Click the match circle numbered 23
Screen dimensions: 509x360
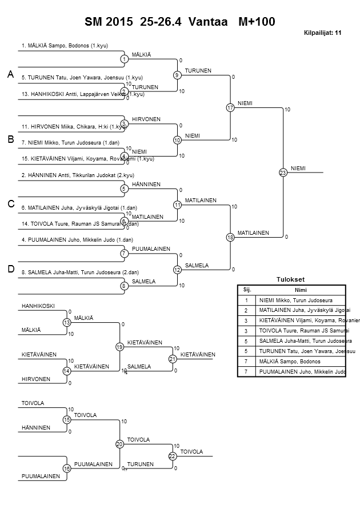coord(282,173)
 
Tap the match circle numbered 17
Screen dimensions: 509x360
coord(230,107)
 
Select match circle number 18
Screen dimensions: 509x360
coord(230,237)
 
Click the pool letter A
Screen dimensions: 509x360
coord(10,75)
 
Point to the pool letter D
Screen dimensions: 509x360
coord(10,269)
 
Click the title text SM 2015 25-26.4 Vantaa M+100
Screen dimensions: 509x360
coord(180,22)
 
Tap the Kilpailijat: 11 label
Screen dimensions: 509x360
coord(323,33)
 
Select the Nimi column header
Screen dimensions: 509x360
coord(299,290)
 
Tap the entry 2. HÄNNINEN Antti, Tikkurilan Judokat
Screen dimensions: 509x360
coord(77,175)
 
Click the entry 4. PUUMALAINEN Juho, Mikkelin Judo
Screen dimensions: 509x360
coord(77,240)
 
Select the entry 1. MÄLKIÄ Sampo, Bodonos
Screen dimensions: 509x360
coord(65,45)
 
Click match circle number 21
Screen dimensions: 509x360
coord(172,359)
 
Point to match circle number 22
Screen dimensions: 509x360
coord(172,456)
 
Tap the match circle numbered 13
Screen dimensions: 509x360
coord(67,323)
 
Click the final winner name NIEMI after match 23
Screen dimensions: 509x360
coord(298,168)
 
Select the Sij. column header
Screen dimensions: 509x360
coord(246,290)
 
